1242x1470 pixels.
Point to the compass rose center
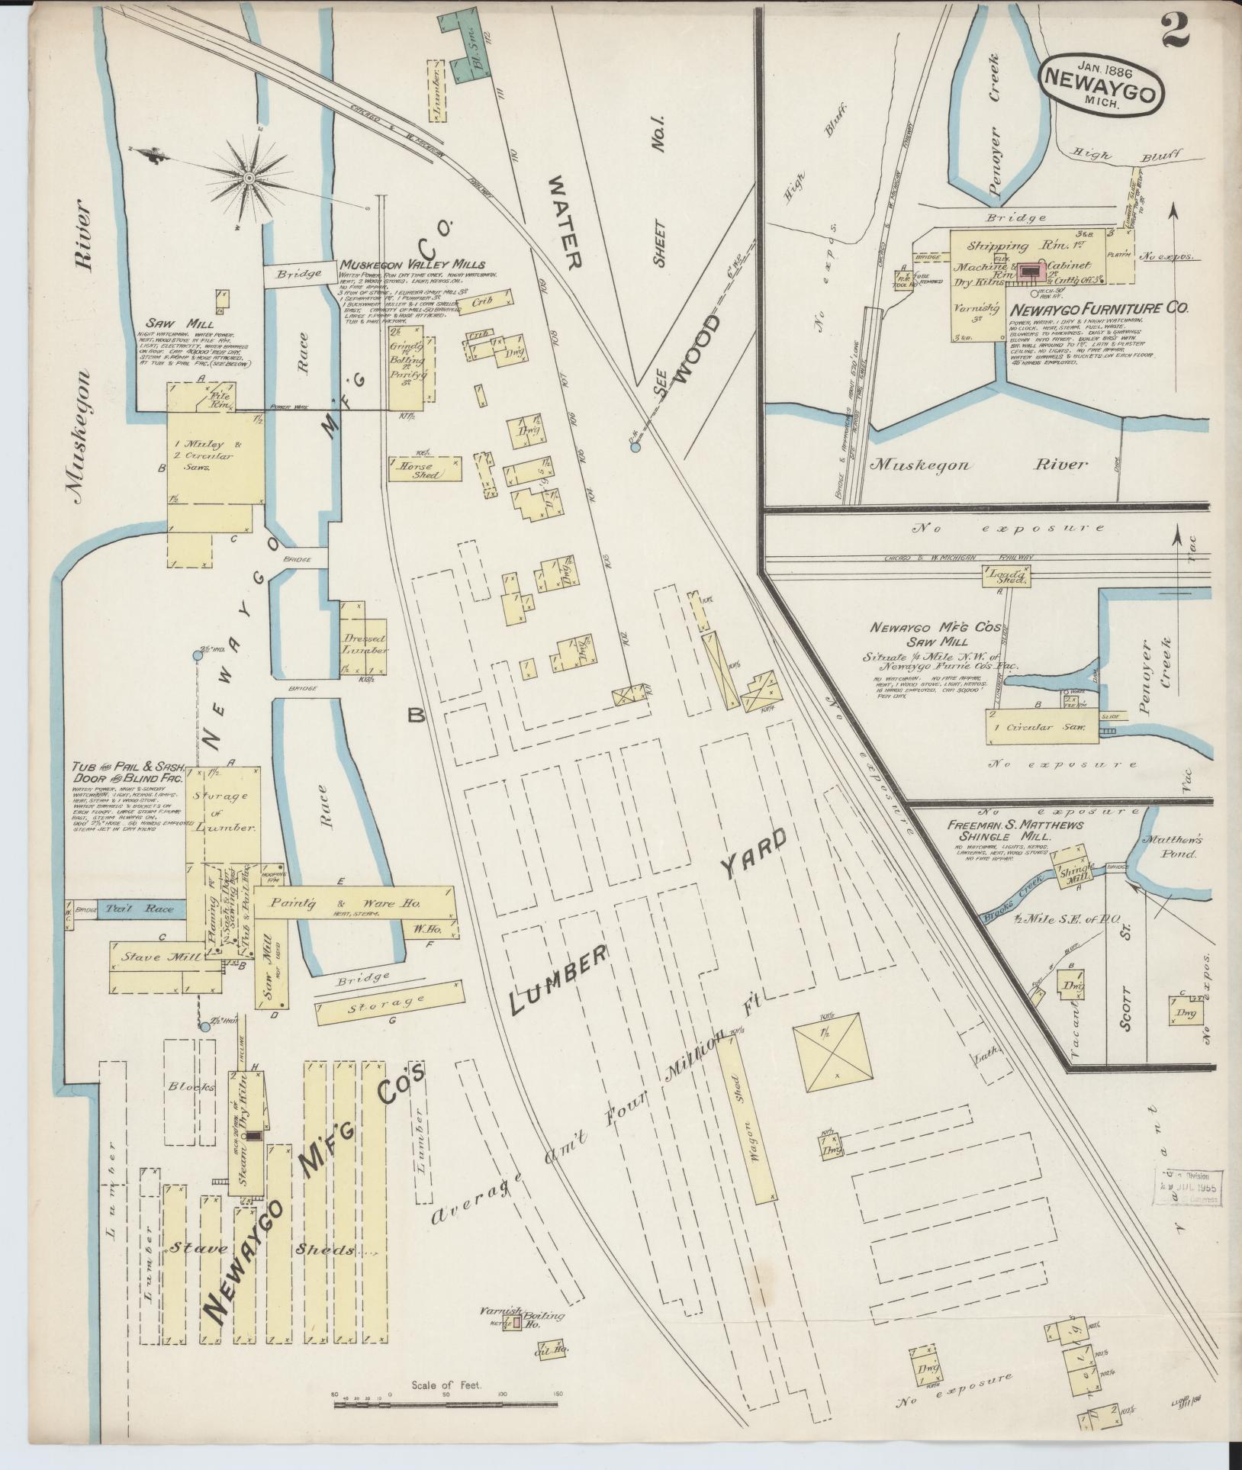pos(249,178)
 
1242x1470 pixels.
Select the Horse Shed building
pos(425,470)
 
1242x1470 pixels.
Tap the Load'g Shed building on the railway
pos(1006,577)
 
